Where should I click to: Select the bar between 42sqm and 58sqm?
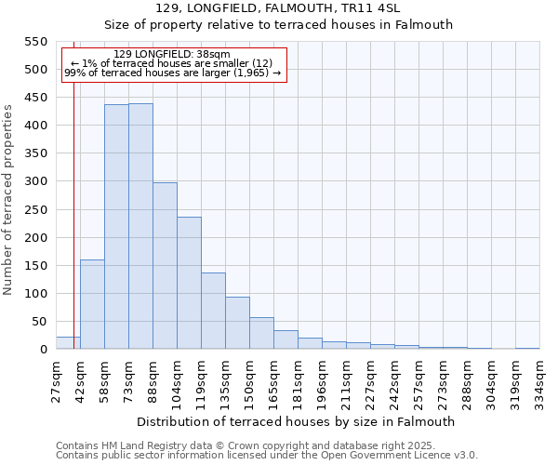tap(92, 304)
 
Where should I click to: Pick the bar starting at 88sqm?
tap(165, 266)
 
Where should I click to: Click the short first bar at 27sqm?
tap(68, 343)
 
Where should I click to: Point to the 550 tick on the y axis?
tap(34, 42)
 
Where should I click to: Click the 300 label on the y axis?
tap(34, 181)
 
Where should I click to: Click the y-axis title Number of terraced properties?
tap(8, 199)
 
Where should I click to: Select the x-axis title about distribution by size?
tap(295, 421)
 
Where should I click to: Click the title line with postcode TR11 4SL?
tap(278, 8)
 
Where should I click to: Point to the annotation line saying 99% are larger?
tap(172, 73)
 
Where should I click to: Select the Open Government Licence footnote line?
tap(267, 455)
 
